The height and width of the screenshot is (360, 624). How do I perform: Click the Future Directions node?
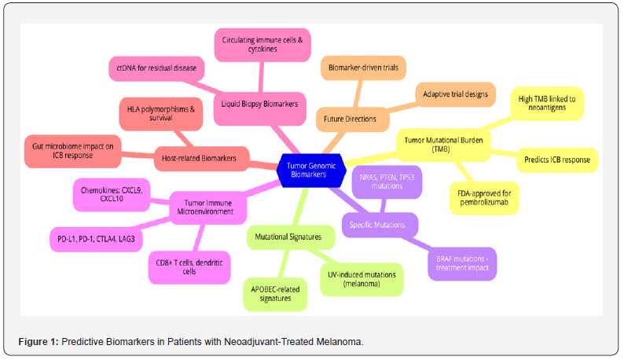tap(351, 119)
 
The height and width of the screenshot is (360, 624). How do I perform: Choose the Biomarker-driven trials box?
tap(363, 68)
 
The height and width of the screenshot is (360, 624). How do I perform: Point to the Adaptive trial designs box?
tap(455, 94)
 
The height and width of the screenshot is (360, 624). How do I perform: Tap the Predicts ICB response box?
tap(556, 160)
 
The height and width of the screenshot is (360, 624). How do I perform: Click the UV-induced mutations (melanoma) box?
tap(362, 279)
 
